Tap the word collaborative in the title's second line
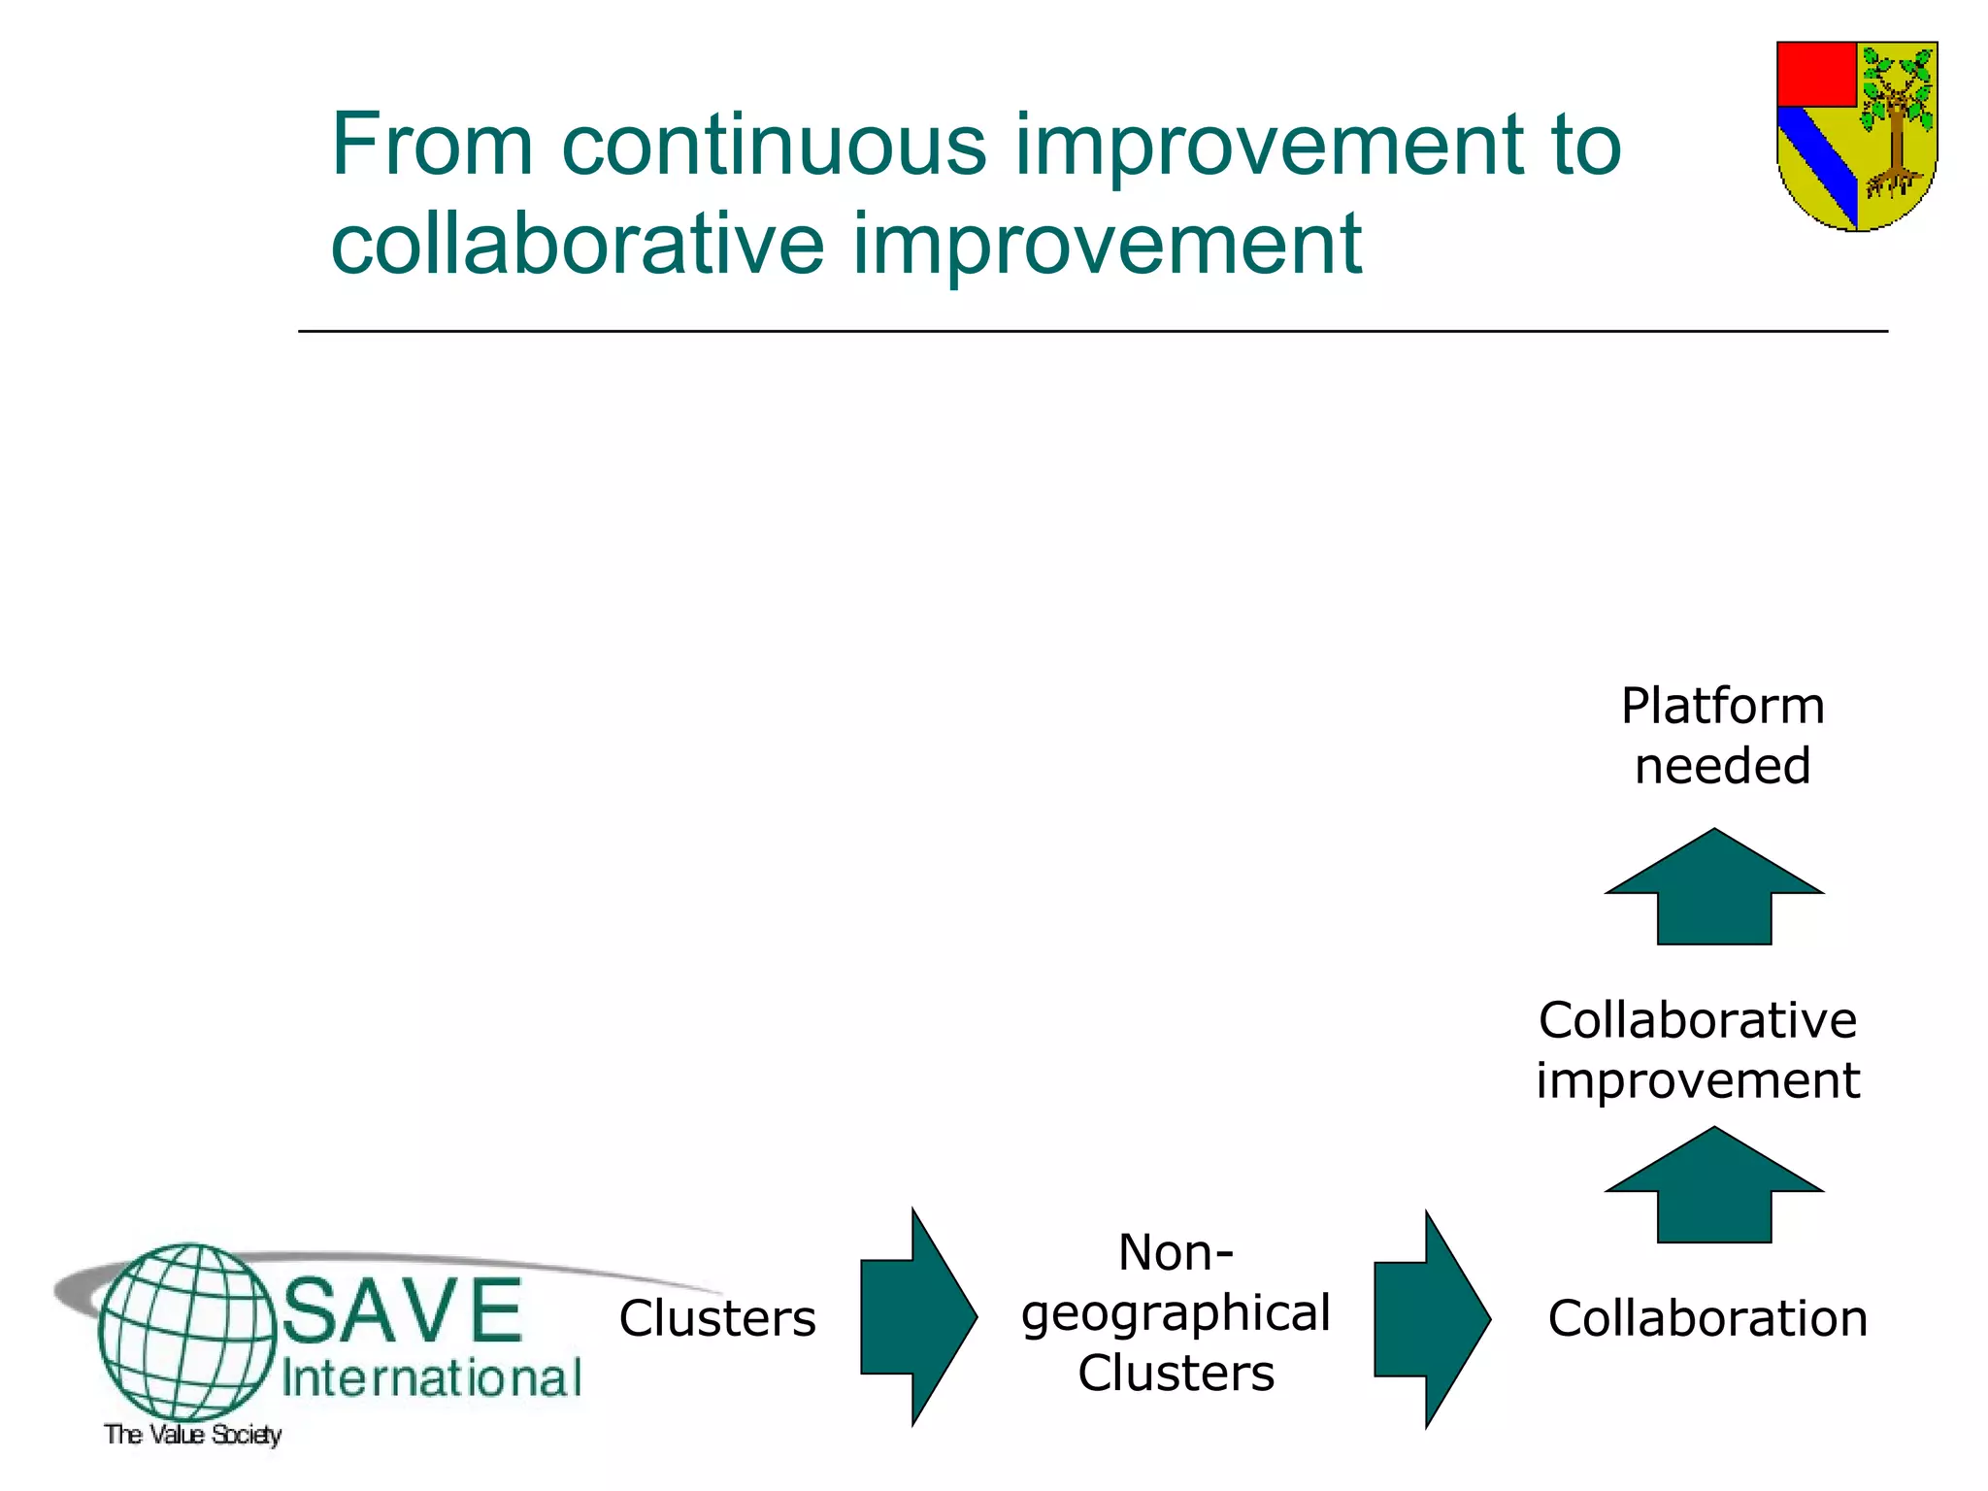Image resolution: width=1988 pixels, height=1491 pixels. click(x=577, y=245)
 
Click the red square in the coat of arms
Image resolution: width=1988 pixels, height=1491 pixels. click(x=1815, y=74)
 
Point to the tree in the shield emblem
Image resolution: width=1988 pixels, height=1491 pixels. click(x=1895, y=121)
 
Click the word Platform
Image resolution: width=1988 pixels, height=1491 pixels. click(x=1722, y=706)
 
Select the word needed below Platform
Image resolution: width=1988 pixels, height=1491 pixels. click(x=1722, y=766)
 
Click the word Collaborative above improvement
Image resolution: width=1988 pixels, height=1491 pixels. click(x=1698, y=1020)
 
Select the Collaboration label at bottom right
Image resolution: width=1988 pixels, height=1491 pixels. click(x=1707, y=1318)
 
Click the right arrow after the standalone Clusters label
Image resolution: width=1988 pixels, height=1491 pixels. click(x=917, y=1317)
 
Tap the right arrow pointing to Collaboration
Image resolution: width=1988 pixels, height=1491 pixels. click(x=1431, y=1319)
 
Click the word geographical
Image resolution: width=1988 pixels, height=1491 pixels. click(x=1176, y=1314)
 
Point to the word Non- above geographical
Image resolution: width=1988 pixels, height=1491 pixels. click(x=1176, y=1252)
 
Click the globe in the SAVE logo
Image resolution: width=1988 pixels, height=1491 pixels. click(x=186, y=1332)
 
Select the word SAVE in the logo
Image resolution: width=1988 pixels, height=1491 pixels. click(x=402, y=1310)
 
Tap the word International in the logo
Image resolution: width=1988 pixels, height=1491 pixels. click(x=431, y=1378)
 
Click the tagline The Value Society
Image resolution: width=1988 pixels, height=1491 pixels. click(x=192, y=1434)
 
